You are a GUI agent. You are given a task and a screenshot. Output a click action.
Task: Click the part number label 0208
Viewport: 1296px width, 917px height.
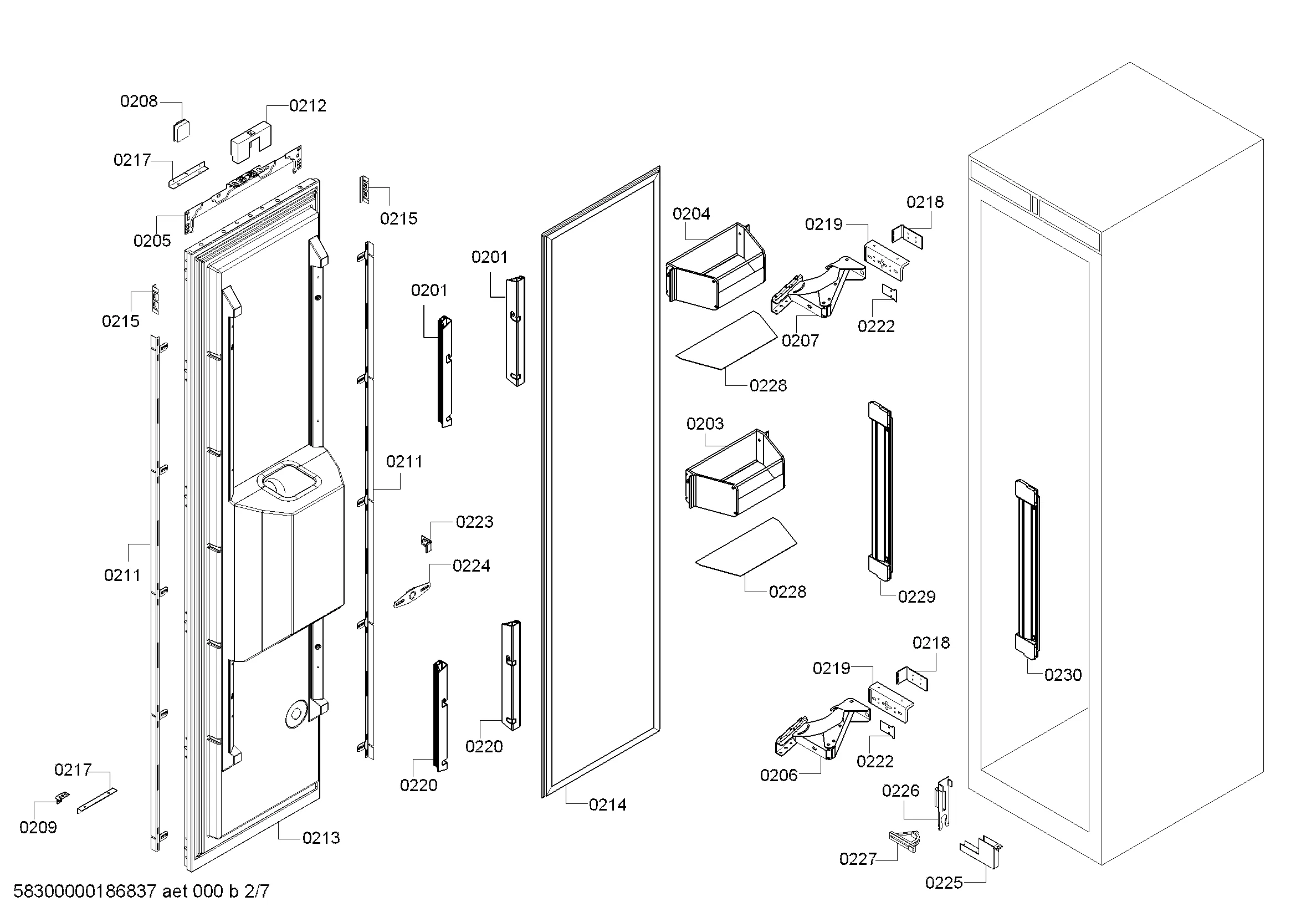pos(139,101)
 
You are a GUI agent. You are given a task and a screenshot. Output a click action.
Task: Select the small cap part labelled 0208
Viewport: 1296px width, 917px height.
pos(181,131)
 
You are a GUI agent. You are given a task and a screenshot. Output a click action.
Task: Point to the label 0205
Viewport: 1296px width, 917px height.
pos(152,241)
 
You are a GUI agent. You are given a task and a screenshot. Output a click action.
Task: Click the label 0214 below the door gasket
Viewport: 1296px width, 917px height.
pos(607,805)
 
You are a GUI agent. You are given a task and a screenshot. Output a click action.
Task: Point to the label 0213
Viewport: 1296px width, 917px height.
pos(321,838)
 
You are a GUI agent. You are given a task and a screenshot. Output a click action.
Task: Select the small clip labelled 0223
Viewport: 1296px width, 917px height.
pos(427,543)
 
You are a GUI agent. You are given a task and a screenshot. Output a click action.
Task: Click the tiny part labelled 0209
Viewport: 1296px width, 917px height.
pos(63,797)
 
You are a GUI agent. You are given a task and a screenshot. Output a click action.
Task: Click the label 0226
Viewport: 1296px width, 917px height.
pos(901,791)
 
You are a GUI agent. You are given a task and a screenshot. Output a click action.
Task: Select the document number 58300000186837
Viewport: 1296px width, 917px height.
pos(85,891)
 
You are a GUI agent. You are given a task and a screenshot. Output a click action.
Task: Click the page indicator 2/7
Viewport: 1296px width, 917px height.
pos(257,891)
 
